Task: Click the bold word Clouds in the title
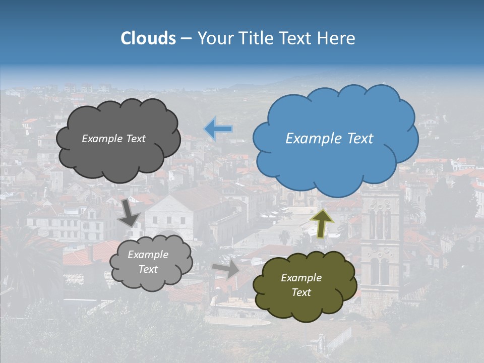[148, 38]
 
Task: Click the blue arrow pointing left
[218, 129]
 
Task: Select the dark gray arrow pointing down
[130, 212]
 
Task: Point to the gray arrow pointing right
[226, 269]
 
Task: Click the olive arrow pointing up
[322, 223]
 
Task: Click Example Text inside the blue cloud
[329, 139]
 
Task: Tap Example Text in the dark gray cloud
[113, 139]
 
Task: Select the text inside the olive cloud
[301, 285]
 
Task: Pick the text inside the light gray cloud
[148, 262]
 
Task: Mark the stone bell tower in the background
[381, 242]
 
